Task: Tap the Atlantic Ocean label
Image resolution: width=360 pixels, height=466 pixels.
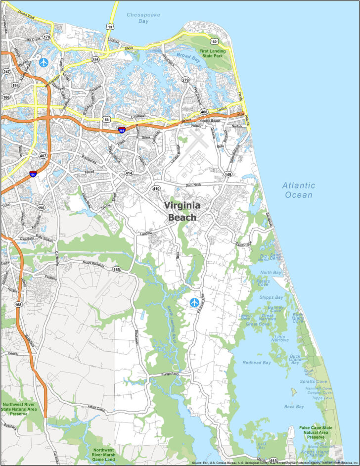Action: pyautogui.click(x=299, y=190)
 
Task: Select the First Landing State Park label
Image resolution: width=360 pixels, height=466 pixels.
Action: pyautogui.click(x=213, y=54)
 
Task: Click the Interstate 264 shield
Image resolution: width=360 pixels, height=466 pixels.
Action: pyautogui.click(x=121, y=130)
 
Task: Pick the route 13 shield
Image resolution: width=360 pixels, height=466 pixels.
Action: pyautogui.click(x=110, y=26)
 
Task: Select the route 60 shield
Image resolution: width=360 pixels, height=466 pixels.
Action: pyautogui.click(x=213, y=42)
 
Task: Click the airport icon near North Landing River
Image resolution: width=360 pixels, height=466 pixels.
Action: pyautogui.click(x=194, y=302)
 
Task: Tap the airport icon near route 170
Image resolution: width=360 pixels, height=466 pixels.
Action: pyautogui.click(x=44, y=62)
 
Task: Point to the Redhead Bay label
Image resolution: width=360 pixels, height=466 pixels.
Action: pyautogui.click(x=257, y=363)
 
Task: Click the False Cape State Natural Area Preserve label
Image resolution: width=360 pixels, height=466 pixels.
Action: pyautogui.click(x=315, y=432)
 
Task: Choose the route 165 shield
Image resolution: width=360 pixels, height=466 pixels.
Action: pyautogui.click(x=116, y=270)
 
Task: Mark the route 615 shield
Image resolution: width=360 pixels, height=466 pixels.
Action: pyautogui.click(x=273, y=460)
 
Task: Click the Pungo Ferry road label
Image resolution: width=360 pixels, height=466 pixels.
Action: pyautogui.click(x=165, y=375)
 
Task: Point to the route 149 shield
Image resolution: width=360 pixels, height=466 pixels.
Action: pyautogui.click(x=228, y=175)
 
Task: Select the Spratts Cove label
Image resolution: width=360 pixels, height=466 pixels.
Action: pyautogui.click(x=314, y=381)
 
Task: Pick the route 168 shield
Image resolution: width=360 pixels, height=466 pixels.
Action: pyautogui.click(x=18, y=304)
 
